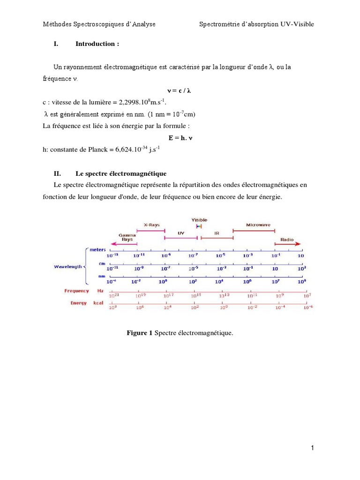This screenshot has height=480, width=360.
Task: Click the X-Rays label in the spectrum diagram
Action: pyautogui.click(x=151, y=225)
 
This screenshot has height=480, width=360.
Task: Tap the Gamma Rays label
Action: pyautogui.click(x=127, y=237)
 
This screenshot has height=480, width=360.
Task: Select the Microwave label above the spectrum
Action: pyautogui.click(x=258, y=225)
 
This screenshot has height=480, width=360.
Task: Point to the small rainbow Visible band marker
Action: pyautogui.click(x=199, y=226)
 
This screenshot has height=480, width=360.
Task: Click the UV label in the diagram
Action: pyautogui.click(x=181, y=233)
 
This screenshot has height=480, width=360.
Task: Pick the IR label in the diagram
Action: pyautogui.click(x=217, y=233)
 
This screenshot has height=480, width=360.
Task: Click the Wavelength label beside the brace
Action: pyautogui.click(x=68, y=266)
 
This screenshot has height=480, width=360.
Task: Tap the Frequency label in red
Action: pyautogui.click(x=76, y=291)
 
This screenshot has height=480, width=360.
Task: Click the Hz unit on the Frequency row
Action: pyautogui.click(x=100, y=291)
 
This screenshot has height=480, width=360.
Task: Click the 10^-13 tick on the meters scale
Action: pyautogui.click(x=112, y=255)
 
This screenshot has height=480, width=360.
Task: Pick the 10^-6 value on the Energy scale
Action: pyautogui.click(x=308, y=307)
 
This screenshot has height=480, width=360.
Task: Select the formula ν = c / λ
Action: pyautogui.click(x=180, y=90)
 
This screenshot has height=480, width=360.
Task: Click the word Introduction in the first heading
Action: pyautogui.click(x=97, y=44)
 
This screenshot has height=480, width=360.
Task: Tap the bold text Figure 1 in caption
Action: pyautogui.click(x=140, y=333)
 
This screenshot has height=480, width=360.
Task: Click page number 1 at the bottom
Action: pyautogui.click(x=313, y=449)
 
